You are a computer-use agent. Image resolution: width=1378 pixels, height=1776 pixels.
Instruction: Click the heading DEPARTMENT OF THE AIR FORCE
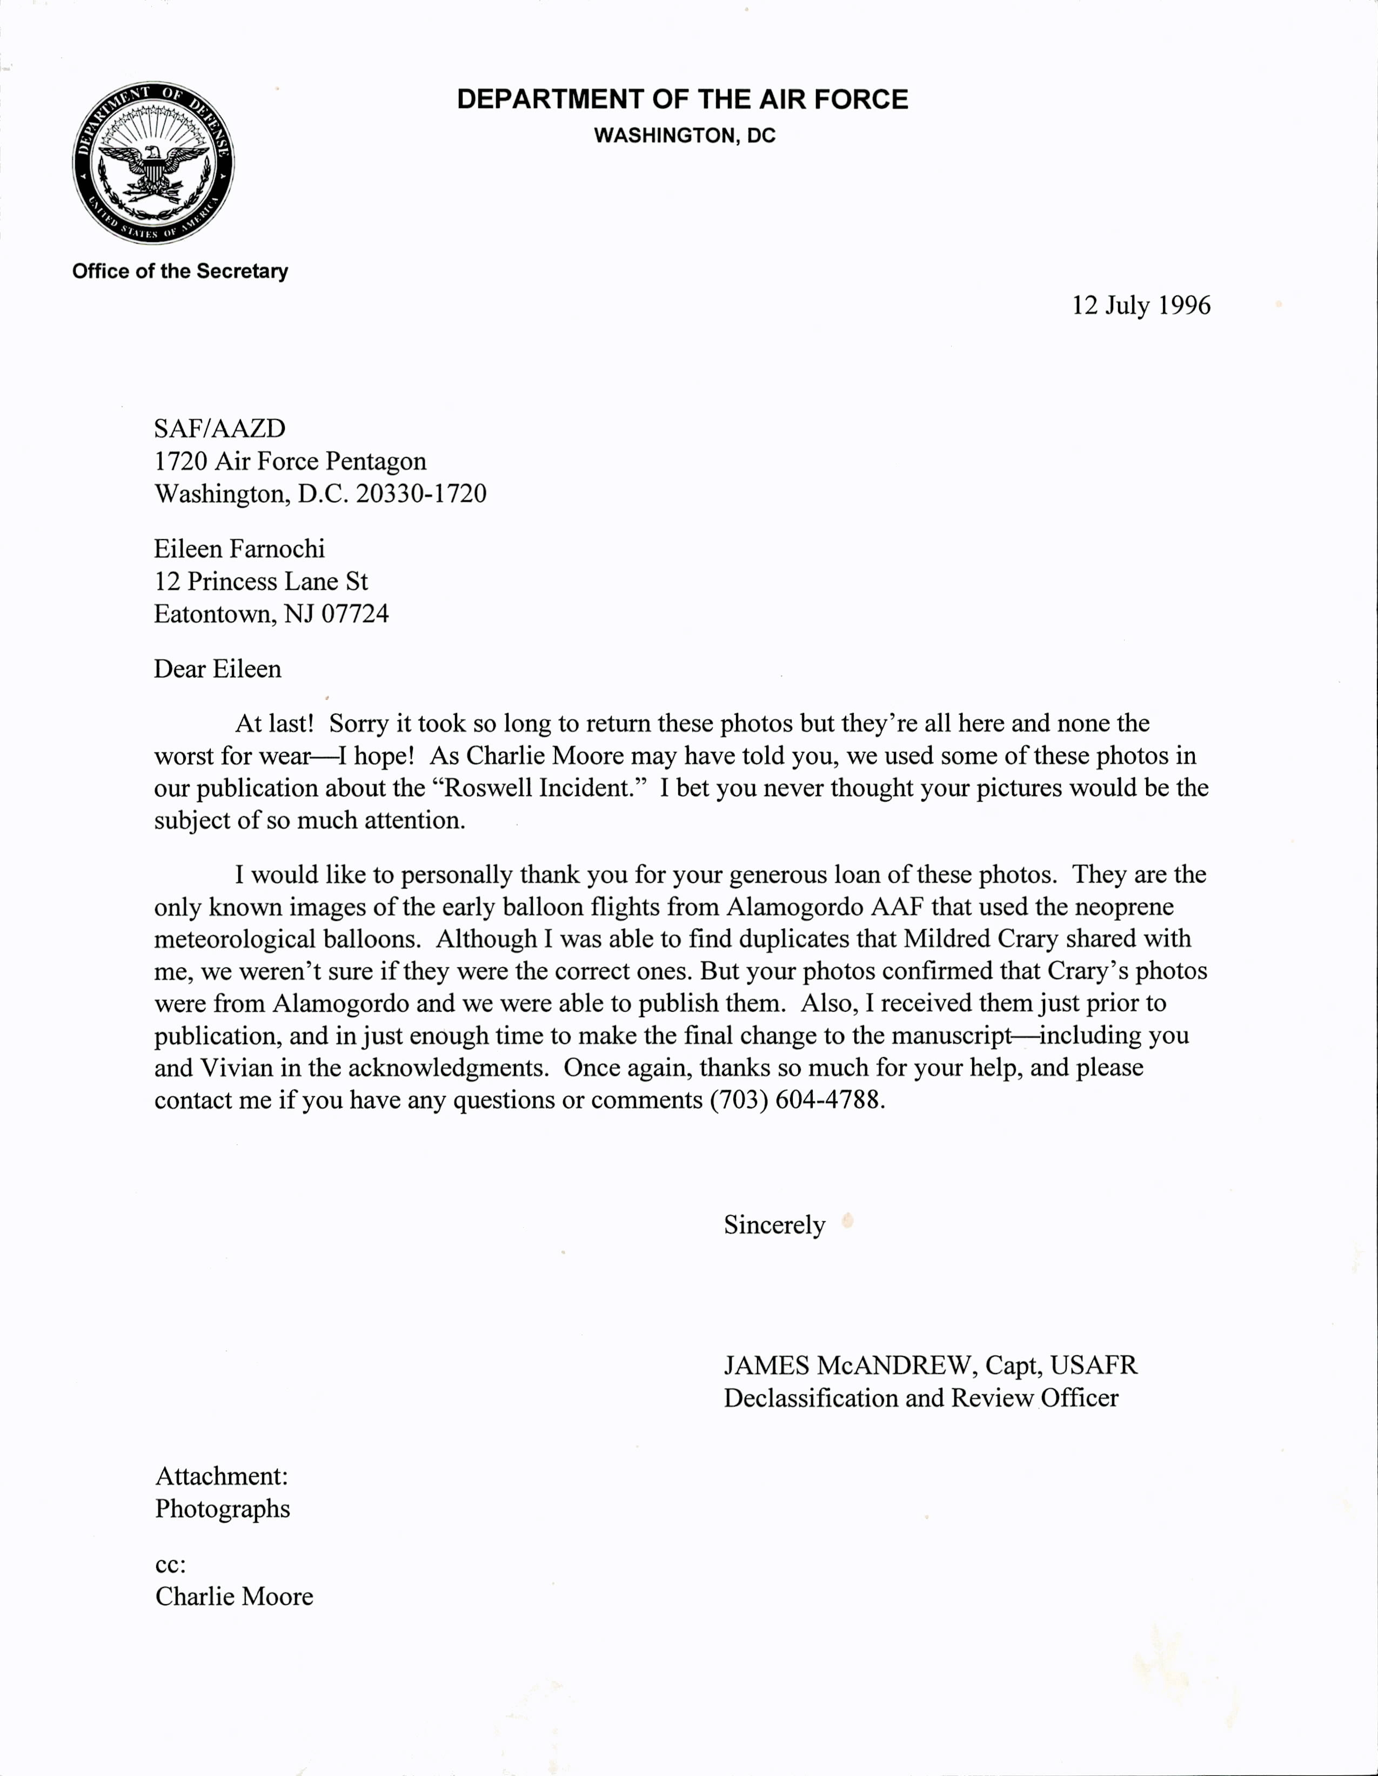pyautogui.click(x=681, y=99)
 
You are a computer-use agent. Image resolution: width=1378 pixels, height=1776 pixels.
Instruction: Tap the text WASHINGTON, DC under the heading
pyautogui.click(x=684, y=136)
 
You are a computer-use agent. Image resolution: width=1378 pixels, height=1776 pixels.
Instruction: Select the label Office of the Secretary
pyautogui.click(x=180, y=271)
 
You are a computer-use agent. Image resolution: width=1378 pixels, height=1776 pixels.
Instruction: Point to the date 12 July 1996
pyautogui.click(x=1140, y=305)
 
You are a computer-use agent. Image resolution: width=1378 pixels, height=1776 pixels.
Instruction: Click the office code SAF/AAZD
pyautogui.click(x=219, y=428)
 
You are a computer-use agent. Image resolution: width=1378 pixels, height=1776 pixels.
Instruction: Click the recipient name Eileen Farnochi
pyautogui.click(x=239, y=549)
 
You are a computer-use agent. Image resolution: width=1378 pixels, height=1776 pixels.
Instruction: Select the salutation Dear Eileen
pyautogui.click(x=217, y=669)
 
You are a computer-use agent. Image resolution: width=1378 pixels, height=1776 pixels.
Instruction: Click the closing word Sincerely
pyautogui.click(x=774, y=1224)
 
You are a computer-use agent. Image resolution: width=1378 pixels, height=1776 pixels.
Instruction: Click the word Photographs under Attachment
pyautogui.click(x=222, y=1509)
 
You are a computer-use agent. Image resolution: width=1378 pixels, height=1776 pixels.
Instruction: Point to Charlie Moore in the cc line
pyautogui.click(x=235, y=1596)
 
